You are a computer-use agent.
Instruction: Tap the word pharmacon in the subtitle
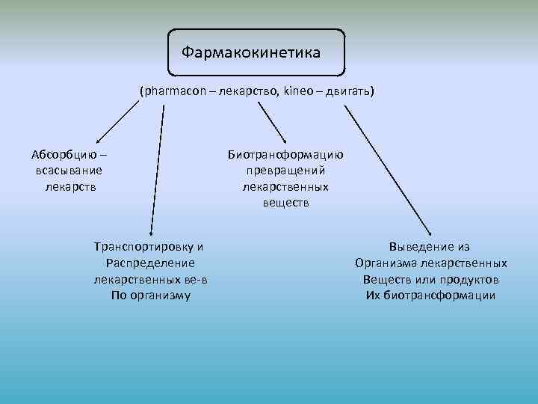click(x=170, y=91)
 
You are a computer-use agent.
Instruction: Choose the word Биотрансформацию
click(x=285, y=156)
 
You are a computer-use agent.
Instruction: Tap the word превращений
click(x=285, y=171)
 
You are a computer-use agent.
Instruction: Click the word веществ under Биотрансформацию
click(x=285, y=202)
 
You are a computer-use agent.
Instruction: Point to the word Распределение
click(x=150, y=263)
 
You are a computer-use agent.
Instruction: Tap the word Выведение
click(x=417, y=247)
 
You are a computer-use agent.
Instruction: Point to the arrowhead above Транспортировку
click(x=152, y=233)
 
